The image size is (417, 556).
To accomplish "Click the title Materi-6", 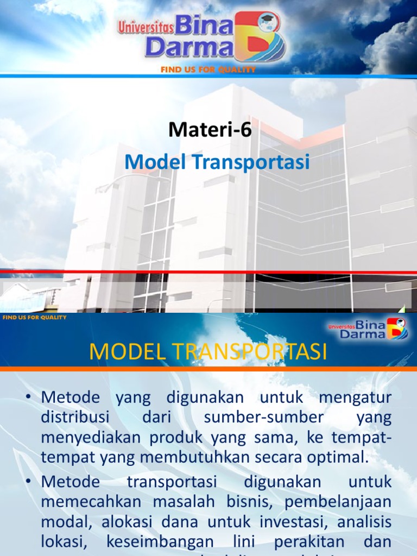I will pyautogui.click(x=210, y=130).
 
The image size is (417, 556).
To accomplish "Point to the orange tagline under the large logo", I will pyautogui.click(x=208, y=70).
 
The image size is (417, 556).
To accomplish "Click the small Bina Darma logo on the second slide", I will pyautogui.click(x=368, y=329).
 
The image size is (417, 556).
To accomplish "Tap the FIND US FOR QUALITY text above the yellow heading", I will pyautogui.click(x=35, y=317).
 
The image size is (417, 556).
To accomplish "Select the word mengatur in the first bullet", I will pyautogui.click(x=355, y=397).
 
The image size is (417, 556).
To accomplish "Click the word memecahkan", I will pyautogui.click(x=89, y=502).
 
